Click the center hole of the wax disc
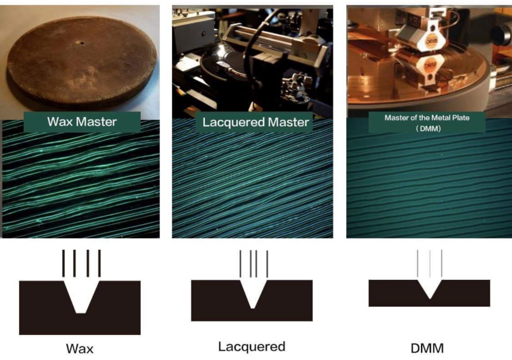click(82, 43)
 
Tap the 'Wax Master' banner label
click(82, 122)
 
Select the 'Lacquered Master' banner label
click(255, 122)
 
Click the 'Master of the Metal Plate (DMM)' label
click(427, 122)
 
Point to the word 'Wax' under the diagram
click(79, 348)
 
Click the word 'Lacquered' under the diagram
click(252, 347)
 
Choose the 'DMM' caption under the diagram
click(427, 348)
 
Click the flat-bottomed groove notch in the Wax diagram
click(81, 297)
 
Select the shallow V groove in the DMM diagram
click(429, 289)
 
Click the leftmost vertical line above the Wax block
click(63, 263)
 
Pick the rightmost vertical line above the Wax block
click(99, 263)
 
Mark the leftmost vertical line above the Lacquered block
click(241, 264)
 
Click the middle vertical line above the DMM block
click(429, 264)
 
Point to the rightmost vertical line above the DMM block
click(442, 264)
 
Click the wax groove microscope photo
click(81, 179)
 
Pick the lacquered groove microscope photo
click(252, 178)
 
